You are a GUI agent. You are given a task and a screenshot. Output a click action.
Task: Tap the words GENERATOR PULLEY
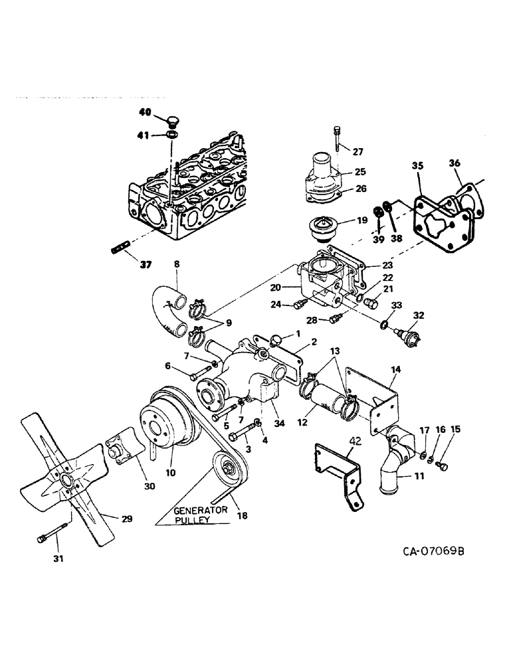[201, 515]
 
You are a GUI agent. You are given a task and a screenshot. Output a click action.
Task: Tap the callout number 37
[145, 264]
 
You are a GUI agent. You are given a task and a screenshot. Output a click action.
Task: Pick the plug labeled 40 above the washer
[172, 120]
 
